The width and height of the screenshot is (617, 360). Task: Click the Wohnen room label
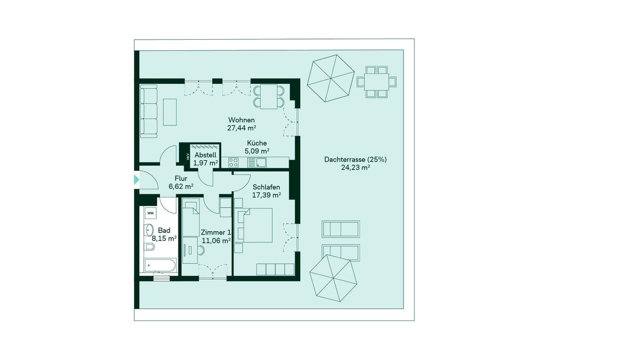pos(241,120)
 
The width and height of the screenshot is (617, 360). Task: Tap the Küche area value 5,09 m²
pos(257,151)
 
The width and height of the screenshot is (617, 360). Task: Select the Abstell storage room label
pos(206,155)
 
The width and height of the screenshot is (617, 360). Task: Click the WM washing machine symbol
pos(150,213)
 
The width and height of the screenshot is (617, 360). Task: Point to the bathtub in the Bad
pos(160,265)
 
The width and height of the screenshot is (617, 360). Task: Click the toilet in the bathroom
pos(149,246)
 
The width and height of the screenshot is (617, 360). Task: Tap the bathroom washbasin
pos(149,230)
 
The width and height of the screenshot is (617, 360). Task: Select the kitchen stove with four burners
pos(233,162)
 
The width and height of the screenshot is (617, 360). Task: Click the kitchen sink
pos(257,162)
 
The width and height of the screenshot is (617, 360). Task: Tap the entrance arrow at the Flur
pos(136,179)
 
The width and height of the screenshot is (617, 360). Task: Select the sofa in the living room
pos(149,111)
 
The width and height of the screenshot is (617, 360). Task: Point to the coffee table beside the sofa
pos(170,112)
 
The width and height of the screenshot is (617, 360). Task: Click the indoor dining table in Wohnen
pos(269,97)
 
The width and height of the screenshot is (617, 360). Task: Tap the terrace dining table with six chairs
pos(376,82)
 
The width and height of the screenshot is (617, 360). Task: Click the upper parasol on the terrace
pos(331,79)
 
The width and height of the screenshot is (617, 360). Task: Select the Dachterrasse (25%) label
pos(355,159)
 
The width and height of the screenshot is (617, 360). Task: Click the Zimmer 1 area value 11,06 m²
pos(216,241)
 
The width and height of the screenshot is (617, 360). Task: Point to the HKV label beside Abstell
pos(188,156)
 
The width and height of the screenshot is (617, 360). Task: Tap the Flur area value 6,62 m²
pos(180,187)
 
